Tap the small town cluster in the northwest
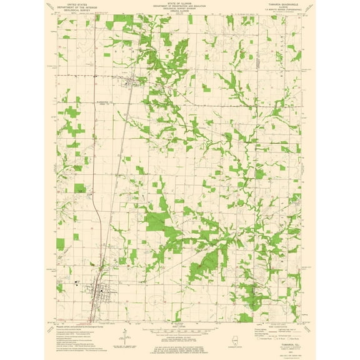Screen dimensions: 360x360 [131, 81]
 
